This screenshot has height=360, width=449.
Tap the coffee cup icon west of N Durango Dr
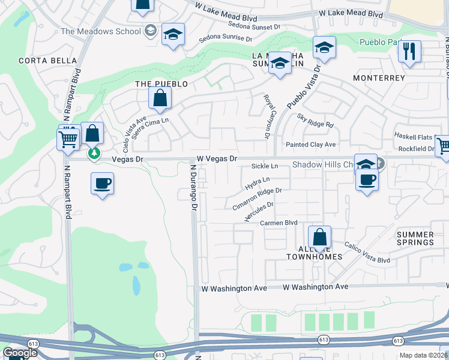[x=102, y=183]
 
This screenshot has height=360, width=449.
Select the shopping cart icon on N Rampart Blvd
[x=68, y=139]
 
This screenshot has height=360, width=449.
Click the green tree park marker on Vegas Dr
[x=94, y=153]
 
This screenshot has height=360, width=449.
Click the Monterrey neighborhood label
[x=379, y=78]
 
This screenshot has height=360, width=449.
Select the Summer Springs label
[x=415, y=238]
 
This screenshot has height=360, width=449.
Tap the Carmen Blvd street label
[x=279, y=223]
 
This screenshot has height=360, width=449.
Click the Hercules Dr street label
[x=259, y=212]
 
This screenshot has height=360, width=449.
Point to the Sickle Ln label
[x=265, y=166]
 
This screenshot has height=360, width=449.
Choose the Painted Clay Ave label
[x=310, y=145]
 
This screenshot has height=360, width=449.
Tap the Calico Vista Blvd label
[x=367, y=253]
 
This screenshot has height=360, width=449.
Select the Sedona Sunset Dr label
[x=255, y=26]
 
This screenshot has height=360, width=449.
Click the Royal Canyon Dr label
[x=267, y=116]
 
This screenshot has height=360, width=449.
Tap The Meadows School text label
[x=101, y=31]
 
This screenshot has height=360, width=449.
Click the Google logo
[x=20, y=353]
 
